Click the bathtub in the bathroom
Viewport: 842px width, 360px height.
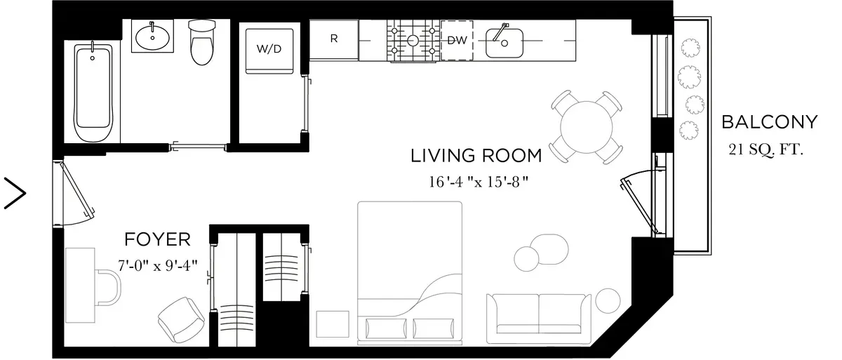(x=93, y=93)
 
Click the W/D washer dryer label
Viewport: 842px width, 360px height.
(x=269, y=49)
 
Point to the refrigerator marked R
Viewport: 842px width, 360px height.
(x=334, y=39)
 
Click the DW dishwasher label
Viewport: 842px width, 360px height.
(x=457, y=40)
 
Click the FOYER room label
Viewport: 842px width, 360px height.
(x=157, y=240)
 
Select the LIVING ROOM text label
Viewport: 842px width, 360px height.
(x=476, y=156)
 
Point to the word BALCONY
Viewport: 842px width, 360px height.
(x=770, y=122)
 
